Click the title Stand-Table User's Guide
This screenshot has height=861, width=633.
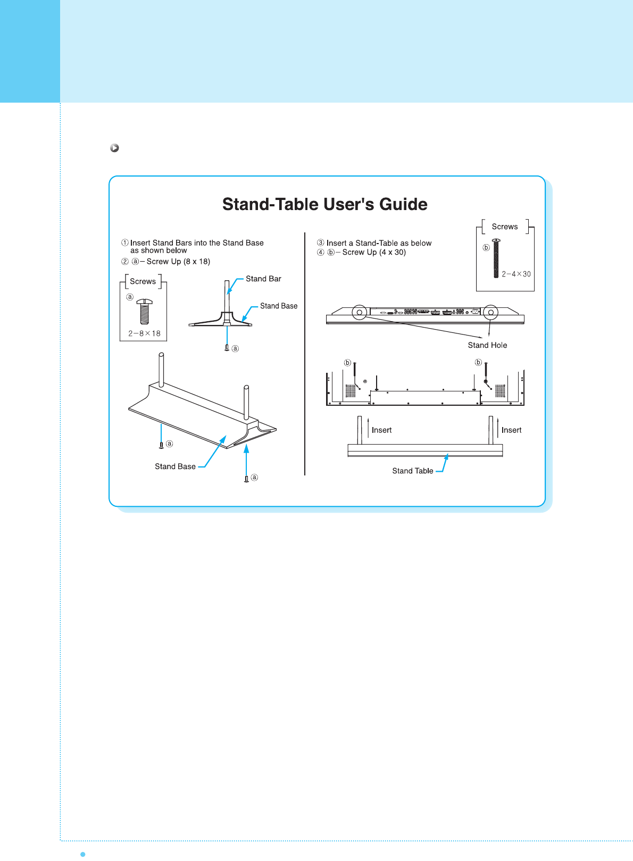pos(324,205)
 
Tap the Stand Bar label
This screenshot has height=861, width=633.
pos(263,279)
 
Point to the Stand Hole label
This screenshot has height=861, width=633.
pos(487,345)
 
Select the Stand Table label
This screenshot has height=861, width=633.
pos(412,471)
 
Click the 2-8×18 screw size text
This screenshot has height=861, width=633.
pos(144,333)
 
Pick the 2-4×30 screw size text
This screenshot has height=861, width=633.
pos(516,274)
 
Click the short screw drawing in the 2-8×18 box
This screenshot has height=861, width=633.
pos(145,312)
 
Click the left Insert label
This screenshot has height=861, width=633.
pos(381,430)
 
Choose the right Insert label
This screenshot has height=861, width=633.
pos(511,430)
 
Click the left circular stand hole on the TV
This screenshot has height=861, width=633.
pos(360,312)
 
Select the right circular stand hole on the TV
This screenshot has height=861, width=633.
pos(490,312)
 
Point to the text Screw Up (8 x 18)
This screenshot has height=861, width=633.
pos(178,262)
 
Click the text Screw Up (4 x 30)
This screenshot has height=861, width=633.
pos(374,252)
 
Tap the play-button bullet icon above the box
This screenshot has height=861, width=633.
pos(114,148)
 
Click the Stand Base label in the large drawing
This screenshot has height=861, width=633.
pos(175,466)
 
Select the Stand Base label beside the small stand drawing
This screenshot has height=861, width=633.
pos(279,306)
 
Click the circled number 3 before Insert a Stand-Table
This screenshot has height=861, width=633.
pos(321,243)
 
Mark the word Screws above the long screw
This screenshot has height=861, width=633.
pos(504,227)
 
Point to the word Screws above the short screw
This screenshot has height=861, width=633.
pos(143,281)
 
